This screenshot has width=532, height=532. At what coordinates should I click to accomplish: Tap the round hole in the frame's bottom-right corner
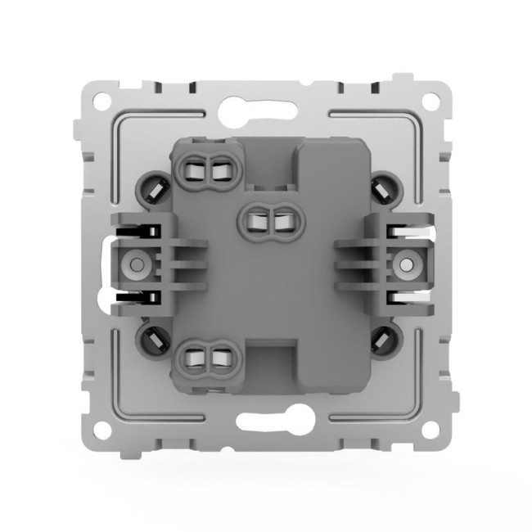[428, 428]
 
